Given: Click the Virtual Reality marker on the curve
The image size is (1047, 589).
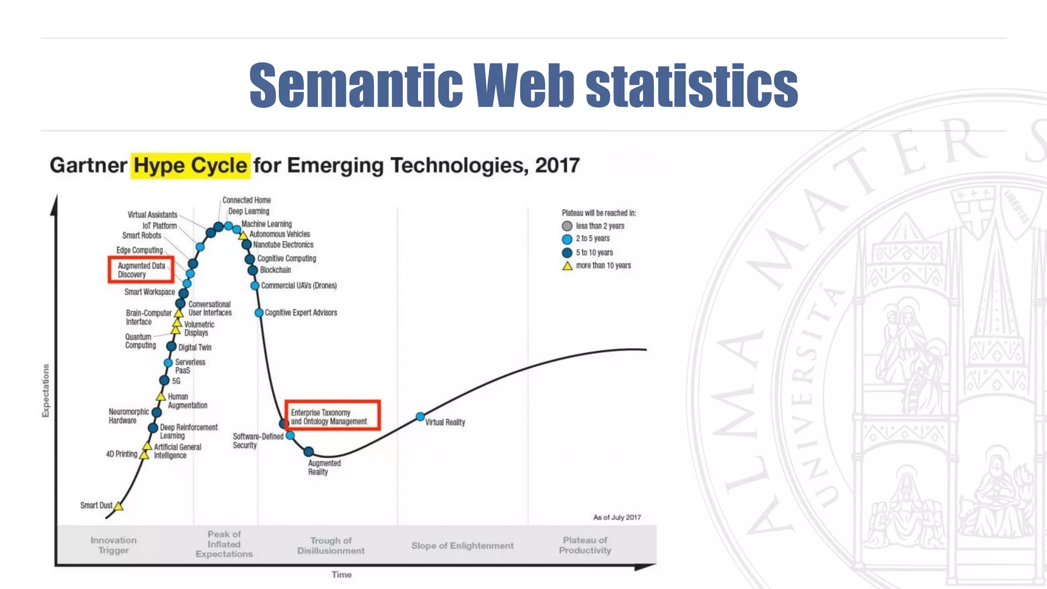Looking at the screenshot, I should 420,417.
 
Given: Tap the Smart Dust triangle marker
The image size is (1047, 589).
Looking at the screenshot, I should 119,506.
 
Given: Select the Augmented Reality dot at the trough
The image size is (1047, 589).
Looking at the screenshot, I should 308,451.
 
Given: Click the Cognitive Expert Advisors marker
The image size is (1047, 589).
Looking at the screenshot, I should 259,312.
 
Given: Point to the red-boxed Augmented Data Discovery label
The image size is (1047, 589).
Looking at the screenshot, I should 141,270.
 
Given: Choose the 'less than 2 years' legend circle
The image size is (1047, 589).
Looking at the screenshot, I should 567,226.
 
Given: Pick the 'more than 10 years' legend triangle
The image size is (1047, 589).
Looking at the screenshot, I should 567,266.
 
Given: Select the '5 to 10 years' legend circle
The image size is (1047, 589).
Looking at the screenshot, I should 567,253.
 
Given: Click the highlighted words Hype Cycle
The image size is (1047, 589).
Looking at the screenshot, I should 190,166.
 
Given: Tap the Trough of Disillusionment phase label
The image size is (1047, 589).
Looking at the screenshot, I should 331,546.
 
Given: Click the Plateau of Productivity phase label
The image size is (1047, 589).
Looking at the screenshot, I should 585,545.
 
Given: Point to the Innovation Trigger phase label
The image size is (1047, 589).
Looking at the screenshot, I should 113,545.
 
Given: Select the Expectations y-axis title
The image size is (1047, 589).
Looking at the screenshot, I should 46,390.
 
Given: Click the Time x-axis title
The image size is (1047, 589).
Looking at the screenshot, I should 342,575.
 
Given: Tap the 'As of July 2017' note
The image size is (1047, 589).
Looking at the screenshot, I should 617,517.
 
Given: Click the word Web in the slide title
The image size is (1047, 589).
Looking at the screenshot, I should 523,85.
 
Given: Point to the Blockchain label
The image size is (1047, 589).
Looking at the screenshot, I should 275,270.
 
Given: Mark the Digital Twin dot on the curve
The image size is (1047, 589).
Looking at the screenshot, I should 171,347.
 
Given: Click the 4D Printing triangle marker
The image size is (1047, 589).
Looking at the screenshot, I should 145,455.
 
